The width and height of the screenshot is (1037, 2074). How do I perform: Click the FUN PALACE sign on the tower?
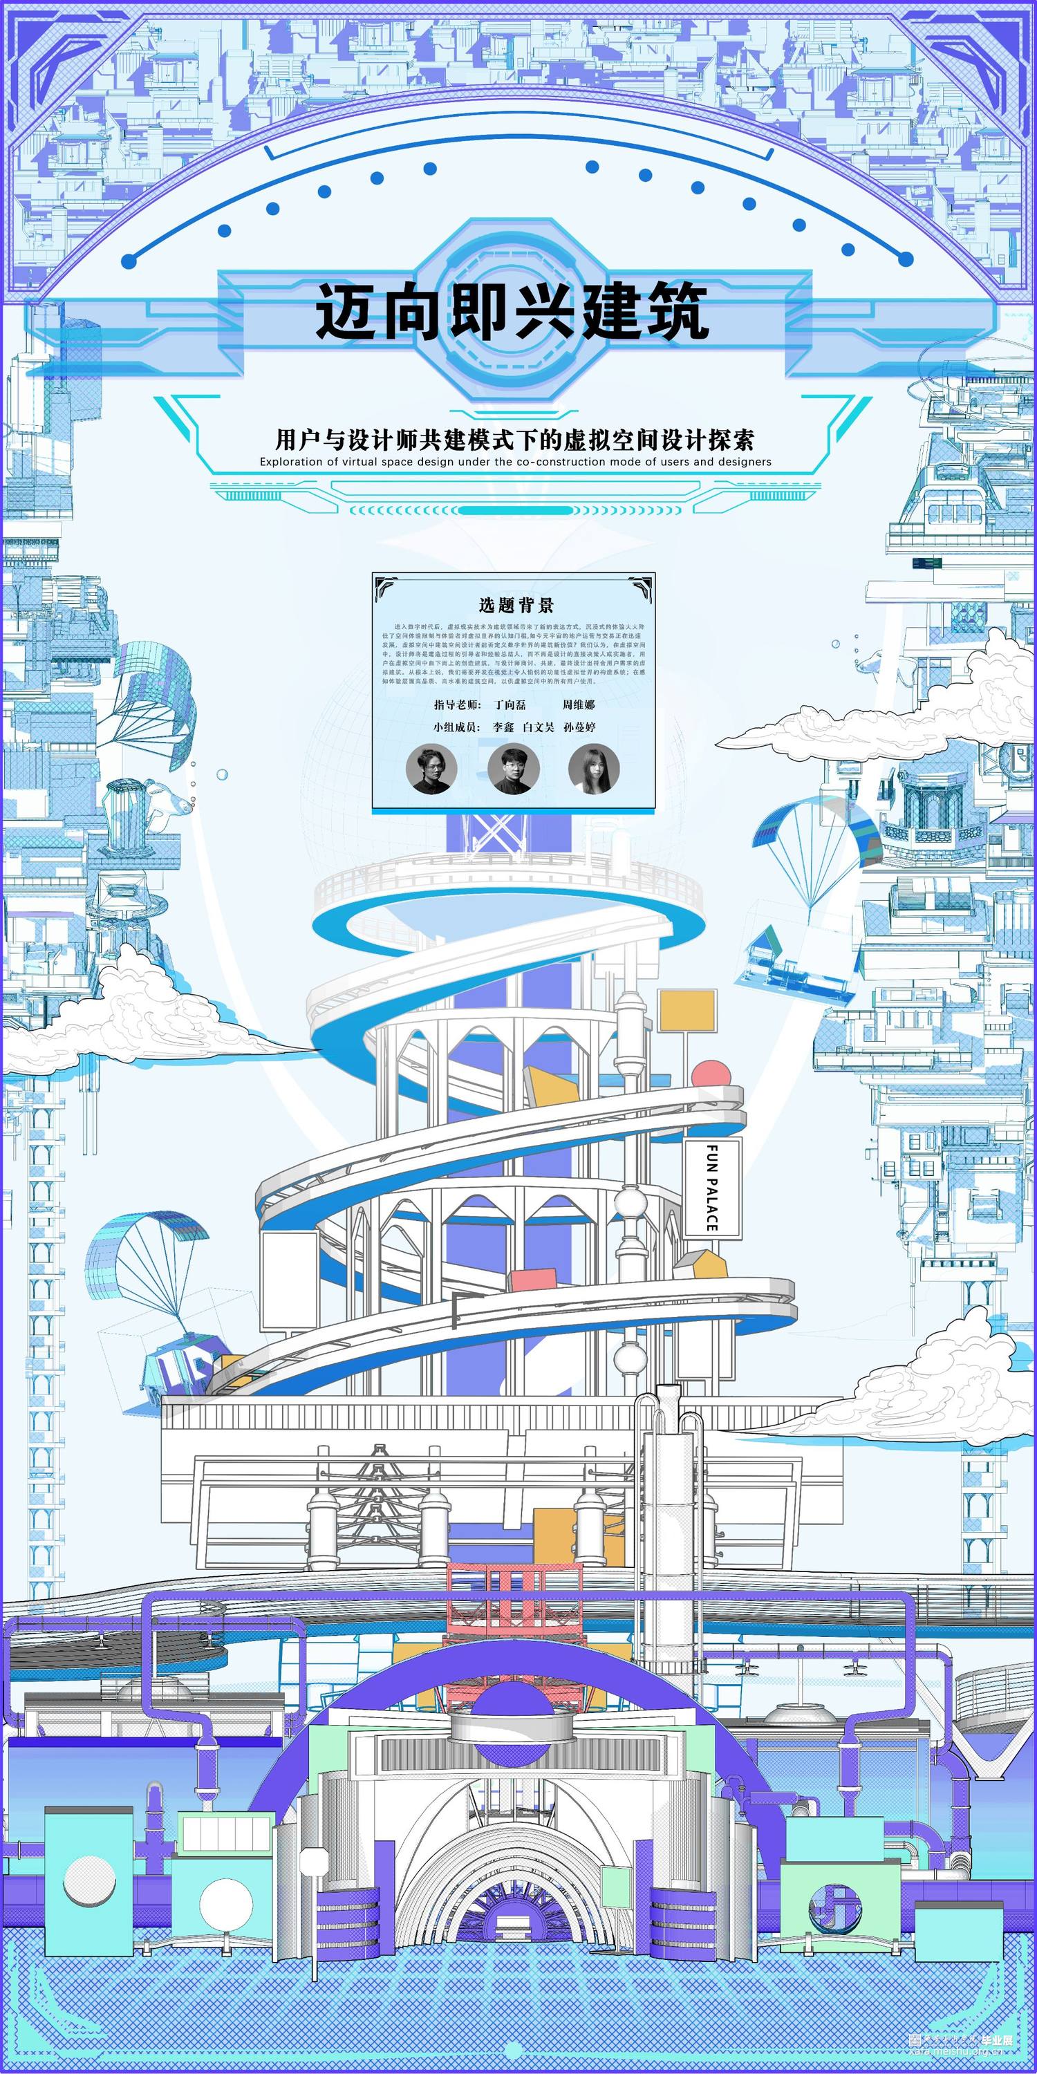click(712, 1187)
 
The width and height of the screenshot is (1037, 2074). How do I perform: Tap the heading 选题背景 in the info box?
click(516, 605)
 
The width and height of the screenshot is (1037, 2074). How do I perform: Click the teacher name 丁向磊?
click(510, 704)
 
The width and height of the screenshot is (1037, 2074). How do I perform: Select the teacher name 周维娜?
click(578, 704)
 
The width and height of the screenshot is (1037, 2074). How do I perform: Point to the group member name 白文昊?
click(538, 727)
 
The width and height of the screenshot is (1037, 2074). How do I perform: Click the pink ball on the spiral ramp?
click(710, 1076)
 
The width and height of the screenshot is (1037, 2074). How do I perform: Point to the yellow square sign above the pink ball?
click(686, 1011)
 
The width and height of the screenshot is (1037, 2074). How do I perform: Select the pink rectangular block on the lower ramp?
click(532, 1281)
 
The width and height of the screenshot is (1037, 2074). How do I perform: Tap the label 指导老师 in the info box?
click(456, 704)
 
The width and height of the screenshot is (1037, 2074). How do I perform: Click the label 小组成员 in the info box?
click(456, 727)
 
